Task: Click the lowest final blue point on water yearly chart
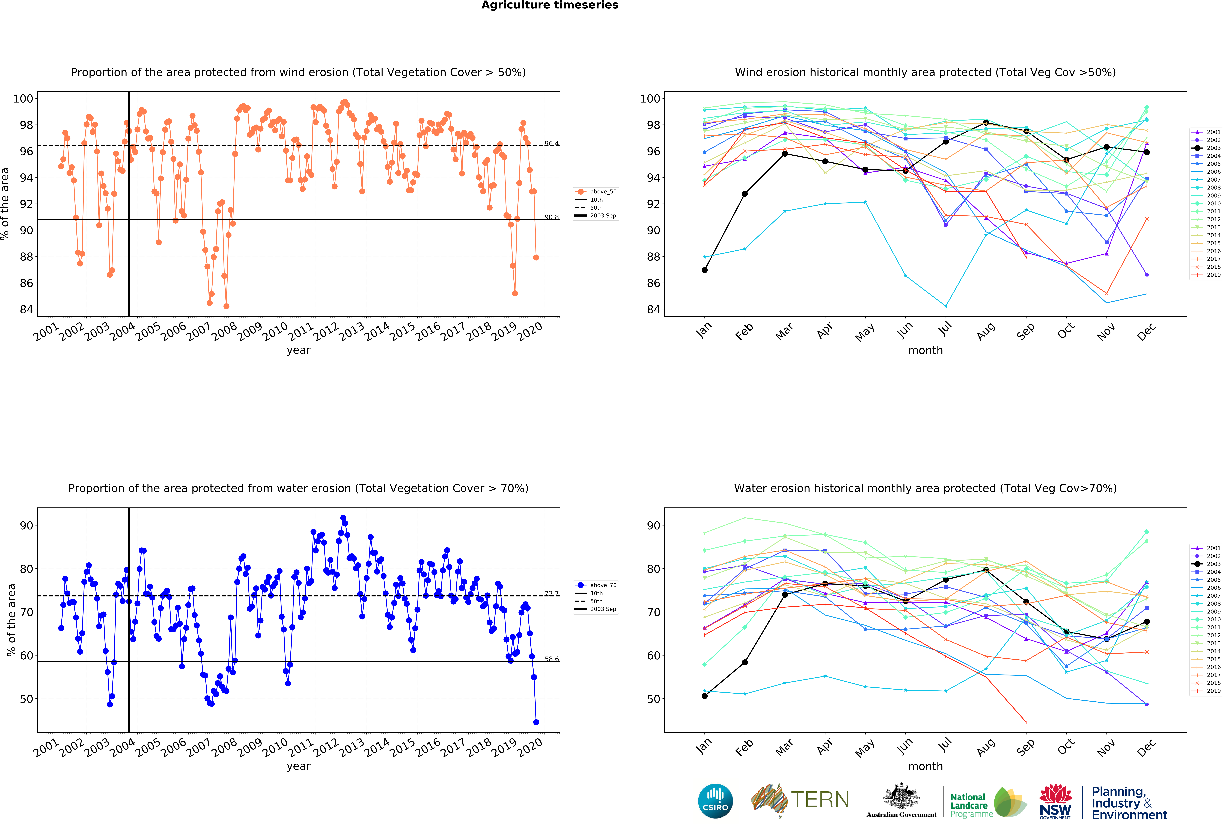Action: click(536, 722)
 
